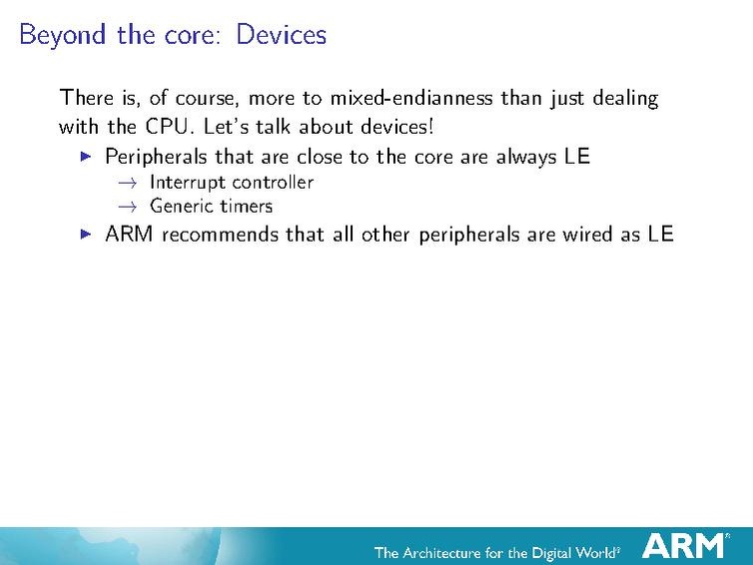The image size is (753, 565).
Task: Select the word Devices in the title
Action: [282, 35]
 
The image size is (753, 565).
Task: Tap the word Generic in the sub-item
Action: [182, 207]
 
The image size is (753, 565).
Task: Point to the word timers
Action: [246, 207]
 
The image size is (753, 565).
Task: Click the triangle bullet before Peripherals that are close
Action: [85, 157]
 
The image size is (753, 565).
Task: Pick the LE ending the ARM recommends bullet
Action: [660, 235]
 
